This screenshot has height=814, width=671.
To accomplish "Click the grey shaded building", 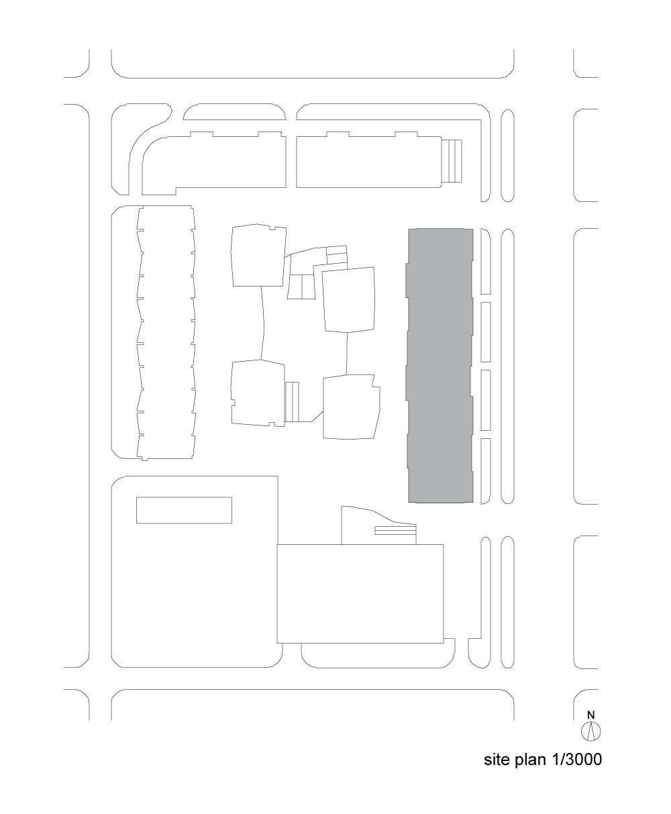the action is point(440,365).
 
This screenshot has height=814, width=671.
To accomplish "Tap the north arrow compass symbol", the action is point(590,731).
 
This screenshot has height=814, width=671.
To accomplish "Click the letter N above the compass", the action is point(591,715).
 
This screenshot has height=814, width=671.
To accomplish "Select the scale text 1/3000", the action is point(576,759).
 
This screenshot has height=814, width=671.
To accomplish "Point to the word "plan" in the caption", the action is point(531,760).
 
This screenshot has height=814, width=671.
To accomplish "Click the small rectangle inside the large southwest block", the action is point(184,510).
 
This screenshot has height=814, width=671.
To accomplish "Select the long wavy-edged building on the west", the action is point(166,333).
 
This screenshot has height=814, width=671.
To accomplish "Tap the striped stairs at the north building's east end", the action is point(452,160).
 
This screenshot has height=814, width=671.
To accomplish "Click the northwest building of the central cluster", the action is point(259,256).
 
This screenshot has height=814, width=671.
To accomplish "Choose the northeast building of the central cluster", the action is point(348,300).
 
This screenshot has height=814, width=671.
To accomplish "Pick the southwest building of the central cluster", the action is point(258,393).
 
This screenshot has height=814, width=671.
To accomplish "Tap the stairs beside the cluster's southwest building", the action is point(292,401).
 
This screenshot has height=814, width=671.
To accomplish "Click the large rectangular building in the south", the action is point(360,594).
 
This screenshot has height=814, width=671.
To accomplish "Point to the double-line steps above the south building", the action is point(395,531).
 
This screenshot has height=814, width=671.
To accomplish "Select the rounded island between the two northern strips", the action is point(234,111).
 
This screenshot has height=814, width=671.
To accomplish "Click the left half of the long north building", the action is point(214,163).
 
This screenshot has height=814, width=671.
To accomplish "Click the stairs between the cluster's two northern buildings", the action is point(301,287).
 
